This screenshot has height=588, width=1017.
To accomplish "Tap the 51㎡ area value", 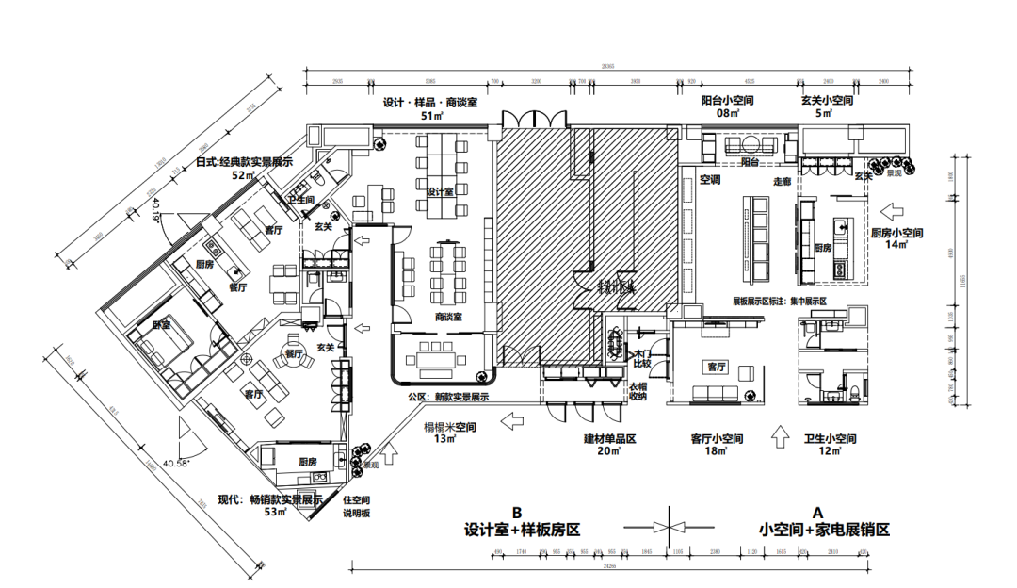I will click(x=431, y=116).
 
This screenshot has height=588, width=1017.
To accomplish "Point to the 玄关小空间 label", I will click(x=827, y=101).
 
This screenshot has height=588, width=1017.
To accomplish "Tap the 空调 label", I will click(x=710, y=179).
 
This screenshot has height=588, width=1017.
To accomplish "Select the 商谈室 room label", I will click(x=448, y=318).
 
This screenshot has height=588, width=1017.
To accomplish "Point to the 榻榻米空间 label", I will click(x=450, y=427).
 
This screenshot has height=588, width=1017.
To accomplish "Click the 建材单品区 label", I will click(x=611, y=439).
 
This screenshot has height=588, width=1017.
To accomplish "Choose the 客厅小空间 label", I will click(x=718, y=439).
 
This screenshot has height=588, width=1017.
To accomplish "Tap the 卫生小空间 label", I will click(x=831, y=439).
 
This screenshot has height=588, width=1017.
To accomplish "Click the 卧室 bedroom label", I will click(x=161, y=325).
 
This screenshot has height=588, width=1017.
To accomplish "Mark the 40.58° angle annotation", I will click(x=176, y=463).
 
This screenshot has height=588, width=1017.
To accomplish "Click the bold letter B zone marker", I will click(x=516, y=513).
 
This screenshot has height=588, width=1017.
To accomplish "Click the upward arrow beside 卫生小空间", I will click(x=779, y=436).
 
